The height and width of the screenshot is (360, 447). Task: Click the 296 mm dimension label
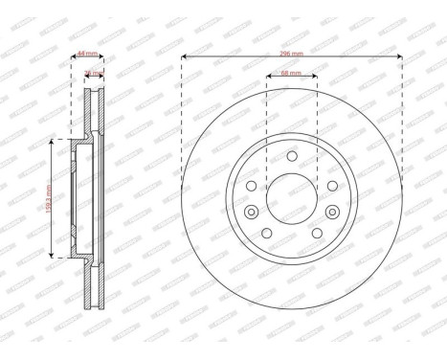point(291,55)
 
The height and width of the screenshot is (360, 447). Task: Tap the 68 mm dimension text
point(291,73)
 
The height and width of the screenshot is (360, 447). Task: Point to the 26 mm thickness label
point(94,73)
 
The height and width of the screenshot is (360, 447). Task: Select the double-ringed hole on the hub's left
point(252,212)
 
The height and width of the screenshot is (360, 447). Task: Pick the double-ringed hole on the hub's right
point(330,212)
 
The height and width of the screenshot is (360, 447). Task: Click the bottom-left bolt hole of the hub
point(267,233)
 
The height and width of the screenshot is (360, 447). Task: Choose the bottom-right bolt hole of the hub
point(315,233)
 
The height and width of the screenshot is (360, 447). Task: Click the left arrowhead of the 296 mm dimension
point(183,58)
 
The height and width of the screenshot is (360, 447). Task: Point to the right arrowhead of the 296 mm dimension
point(400,58)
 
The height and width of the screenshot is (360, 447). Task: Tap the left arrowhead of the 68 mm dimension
point(267,77)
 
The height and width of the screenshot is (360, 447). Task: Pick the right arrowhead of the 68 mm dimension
point(316,77)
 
